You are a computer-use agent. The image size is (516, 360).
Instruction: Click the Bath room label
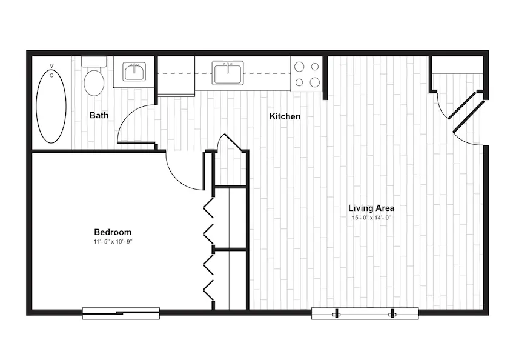pos(99,115)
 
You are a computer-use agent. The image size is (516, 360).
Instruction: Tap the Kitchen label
pos(285,116)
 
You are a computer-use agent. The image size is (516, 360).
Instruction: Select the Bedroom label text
pos(113,232)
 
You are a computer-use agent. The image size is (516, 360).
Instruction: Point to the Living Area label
pos(371,208)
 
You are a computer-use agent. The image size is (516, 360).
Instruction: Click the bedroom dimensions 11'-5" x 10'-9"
pos(113,242)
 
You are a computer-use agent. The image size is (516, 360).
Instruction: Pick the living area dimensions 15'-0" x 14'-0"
pos(371,218)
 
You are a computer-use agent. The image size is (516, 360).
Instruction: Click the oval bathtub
pos(51,106)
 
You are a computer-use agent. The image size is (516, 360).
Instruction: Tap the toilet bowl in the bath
pos(94,82)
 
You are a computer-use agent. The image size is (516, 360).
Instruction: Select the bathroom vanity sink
pos(134,72)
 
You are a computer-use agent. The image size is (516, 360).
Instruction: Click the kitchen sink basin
pos(228,73)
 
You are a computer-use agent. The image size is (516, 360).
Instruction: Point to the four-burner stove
pos(306,74)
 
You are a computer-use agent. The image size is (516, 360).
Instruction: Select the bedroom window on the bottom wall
pos(121,313)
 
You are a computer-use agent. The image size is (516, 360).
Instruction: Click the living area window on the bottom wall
pos(365,313)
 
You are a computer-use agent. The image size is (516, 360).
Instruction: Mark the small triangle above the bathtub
pos(51,66)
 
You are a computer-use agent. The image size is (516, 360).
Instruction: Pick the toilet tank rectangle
pos(94,62)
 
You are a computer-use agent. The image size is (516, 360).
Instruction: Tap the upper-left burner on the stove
pos(299,67)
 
